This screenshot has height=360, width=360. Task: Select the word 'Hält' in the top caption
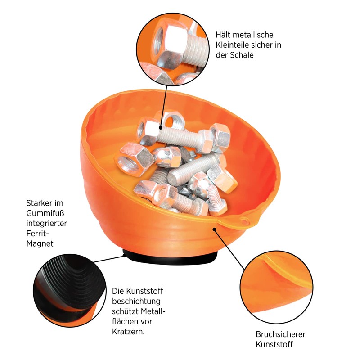coord(224,35)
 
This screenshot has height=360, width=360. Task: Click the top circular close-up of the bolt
coord(171,48)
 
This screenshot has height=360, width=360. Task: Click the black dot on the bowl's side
coord(215,229)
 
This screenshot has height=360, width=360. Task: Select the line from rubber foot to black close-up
coord(108,259)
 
